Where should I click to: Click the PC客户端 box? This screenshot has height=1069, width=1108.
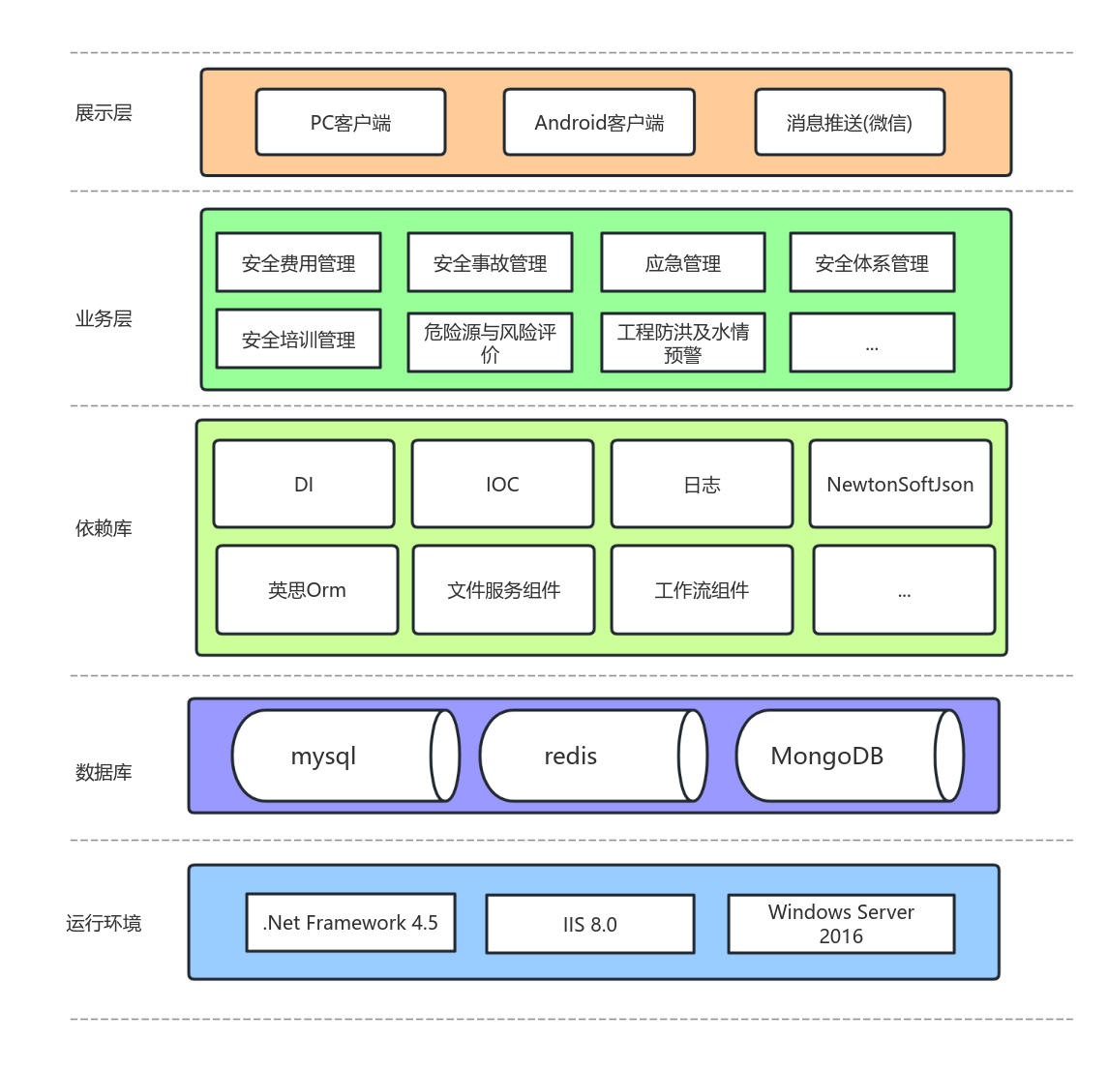(x=350, y=123)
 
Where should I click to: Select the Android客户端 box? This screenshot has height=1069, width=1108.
(x=599, y=123)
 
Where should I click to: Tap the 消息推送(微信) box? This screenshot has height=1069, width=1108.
(x=849, y=123)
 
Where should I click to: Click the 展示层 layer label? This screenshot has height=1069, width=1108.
(x=104, y=113)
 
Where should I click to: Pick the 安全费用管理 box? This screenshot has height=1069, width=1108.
(x=298, y=263)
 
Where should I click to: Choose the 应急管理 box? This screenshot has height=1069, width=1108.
(x=682, y=263)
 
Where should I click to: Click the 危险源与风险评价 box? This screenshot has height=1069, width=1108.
(x=490, y=342)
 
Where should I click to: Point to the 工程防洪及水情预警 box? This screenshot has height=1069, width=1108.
(x=682, y=342)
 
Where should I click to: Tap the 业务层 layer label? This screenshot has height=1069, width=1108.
(x=104, y=319)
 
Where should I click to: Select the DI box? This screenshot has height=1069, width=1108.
(x=304, y=485)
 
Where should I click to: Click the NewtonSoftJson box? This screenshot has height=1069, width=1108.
(x=900, y=485)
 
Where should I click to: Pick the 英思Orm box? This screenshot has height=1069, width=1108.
(x=307, y=590)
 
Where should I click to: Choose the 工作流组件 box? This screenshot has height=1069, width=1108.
(x=702, y=590)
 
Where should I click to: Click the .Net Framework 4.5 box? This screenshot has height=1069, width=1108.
(x=350, y=923)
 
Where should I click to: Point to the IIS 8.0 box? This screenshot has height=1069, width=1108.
(x=589, y=925)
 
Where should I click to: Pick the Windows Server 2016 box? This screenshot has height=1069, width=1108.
(x=841, y=924)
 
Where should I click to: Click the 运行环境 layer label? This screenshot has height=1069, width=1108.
(x=104, y=924)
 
